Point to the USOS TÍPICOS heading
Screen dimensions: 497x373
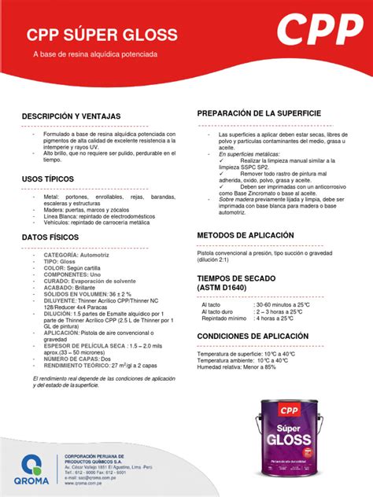(x=54, y=179)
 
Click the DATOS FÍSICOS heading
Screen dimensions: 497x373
(x=56, y=237)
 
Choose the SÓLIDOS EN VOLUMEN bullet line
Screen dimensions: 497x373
(x=87, y=294)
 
